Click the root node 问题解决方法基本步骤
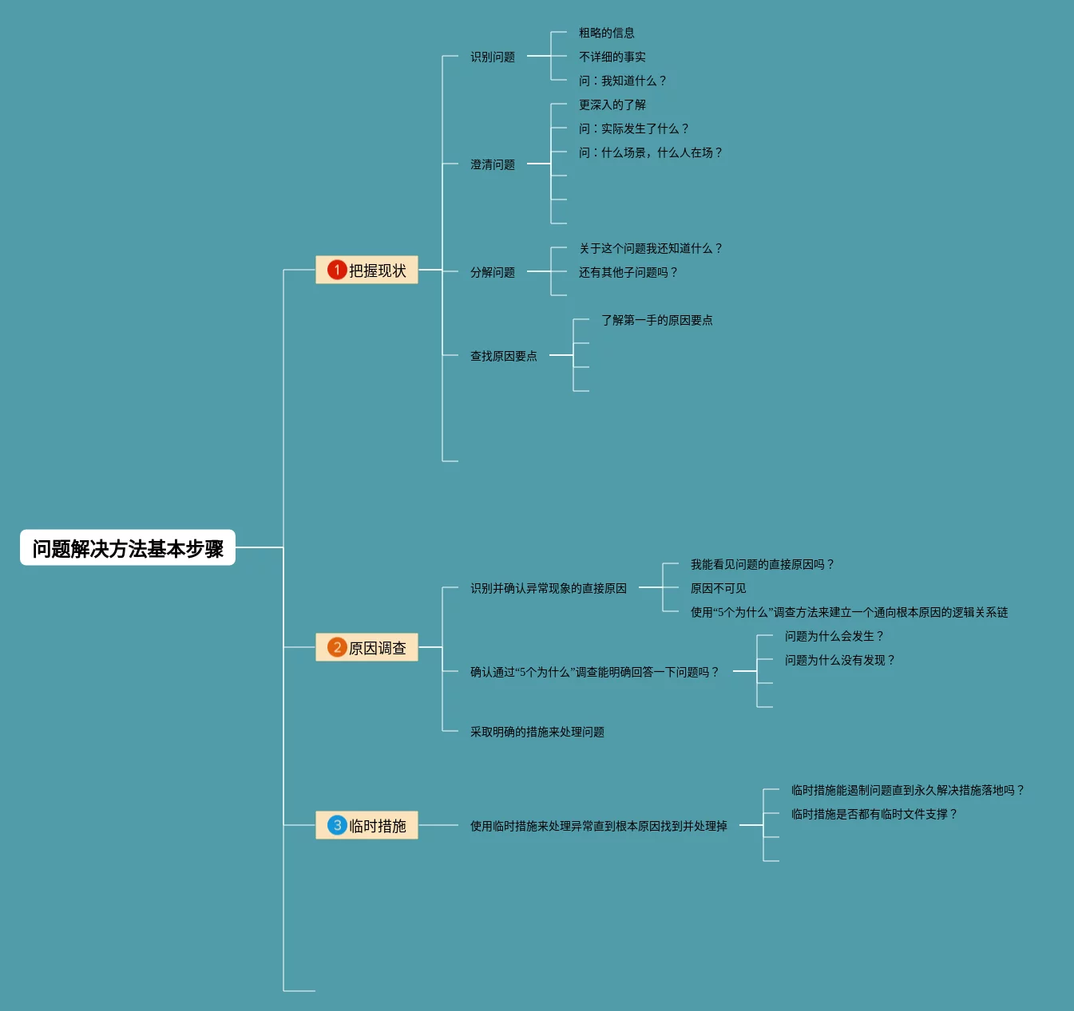click(x=128, y=547)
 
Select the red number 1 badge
click(x=337, y=270)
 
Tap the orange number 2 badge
click(x=337, y=647)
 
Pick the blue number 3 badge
click(x=337, y=825)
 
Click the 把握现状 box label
click(x=378, y=271)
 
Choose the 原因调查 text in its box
click(x=378, y=648)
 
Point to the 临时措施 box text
click(x=378, y=826)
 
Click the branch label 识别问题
click(x=492, y=57)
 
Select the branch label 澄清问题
click(x=492, y=164)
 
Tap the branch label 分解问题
click(x=492, y=272)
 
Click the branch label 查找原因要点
click(x=504, y=356)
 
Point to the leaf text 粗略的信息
click(x=606, y=33)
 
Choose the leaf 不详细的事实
click(x=612, y=57)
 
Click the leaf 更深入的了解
click(x=612, y=105)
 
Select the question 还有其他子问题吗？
click(x=628, y=272)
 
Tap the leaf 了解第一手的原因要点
click(x=656, y=320)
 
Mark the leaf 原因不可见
click(x=718, y=588)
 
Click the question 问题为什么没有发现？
click(x=840, y=660)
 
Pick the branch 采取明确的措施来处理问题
click(x=537, y=732)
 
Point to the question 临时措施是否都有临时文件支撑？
click(x=874, y=814)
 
